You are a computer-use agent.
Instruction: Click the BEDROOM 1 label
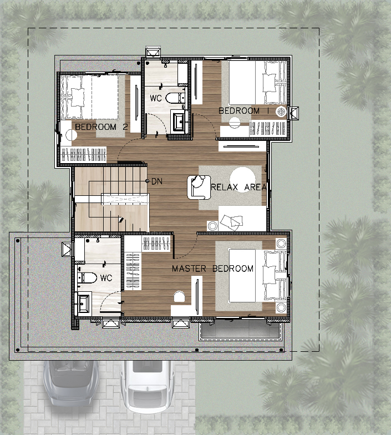pyautogui.click(x=244, y=111)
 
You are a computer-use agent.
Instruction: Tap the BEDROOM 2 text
pyautogui.click(x=101, y=127)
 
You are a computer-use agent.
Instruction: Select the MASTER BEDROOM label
pyautogui.click(x=213, y=269)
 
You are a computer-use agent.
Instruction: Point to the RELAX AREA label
pyautogui.click(x=238, y=188)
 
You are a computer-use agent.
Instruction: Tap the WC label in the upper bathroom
pyautogui.click(x=155, y=98)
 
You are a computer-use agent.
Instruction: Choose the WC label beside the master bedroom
pyautogui.click(x=106, y=277)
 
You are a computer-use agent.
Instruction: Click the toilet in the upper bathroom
pyautogui.click(x=175, y=98)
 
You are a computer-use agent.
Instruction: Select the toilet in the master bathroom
pyautogui.click(x=87, y=277)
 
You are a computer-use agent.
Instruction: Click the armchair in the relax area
pyautogui.click(x=199, y=188)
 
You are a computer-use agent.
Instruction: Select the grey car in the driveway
pyautogui.click(x=71, y=383)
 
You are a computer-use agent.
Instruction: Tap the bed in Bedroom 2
pyautogui.click(x=89, y=97)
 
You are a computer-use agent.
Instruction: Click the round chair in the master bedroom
pyautogui.click(x=179, y=297)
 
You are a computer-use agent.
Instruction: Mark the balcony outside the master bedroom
pyautogui.click(x=239, y=330)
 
